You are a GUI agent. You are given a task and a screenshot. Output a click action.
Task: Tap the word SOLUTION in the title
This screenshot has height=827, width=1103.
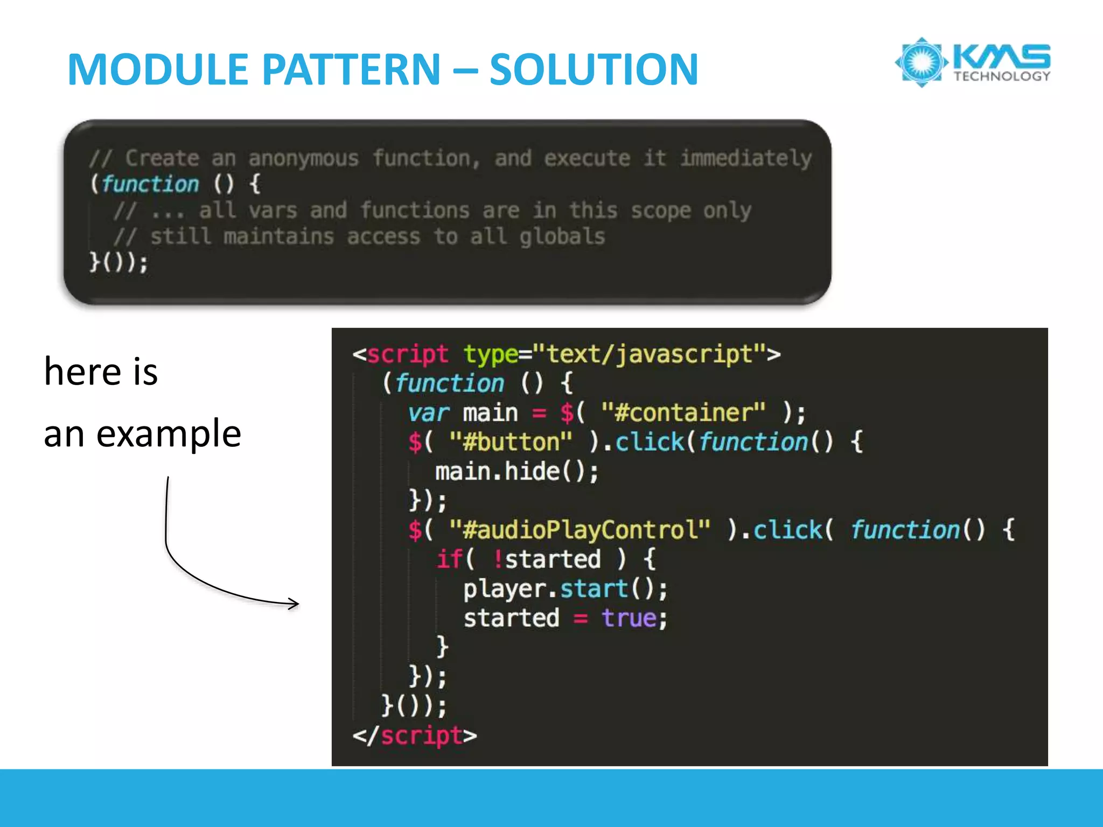point(594,69)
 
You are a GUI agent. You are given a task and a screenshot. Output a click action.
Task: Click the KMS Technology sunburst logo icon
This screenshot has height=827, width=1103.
point(922,62)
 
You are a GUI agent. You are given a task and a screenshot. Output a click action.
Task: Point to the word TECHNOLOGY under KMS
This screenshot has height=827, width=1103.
point(1002,76)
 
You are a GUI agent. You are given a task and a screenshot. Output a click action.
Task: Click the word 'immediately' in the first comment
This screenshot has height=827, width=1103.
point(746,158)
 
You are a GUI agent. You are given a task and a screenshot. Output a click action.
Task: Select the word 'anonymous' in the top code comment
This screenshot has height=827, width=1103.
point(303,158)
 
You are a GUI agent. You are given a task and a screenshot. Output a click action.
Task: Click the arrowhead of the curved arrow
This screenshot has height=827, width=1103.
point(294,604)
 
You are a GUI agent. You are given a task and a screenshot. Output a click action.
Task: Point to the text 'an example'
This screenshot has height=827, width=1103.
point(142,433)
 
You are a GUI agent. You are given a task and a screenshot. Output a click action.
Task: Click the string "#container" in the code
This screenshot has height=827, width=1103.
point(683,413)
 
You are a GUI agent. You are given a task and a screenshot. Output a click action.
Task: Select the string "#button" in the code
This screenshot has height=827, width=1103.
point(511,443)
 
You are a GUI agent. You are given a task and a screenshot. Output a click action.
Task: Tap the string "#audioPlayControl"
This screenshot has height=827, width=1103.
point(580,530)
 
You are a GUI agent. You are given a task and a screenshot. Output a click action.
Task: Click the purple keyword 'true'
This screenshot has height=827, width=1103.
point(629,618)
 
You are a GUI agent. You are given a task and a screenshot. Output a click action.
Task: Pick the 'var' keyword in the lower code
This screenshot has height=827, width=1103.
point(428,413)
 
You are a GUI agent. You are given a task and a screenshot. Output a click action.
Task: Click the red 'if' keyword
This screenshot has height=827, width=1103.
point(449,559)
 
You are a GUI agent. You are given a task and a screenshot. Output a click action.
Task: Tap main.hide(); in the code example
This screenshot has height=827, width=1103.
point(516,472)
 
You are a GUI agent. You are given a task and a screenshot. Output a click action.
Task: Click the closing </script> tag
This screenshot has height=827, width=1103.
point(415,736)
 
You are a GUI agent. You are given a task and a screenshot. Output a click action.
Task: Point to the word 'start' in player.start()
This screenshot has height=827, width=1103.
point(594,588)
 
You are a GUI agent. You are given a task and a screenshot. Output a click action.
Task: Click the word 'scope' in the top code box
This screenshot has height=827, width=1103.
point(660,211)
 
